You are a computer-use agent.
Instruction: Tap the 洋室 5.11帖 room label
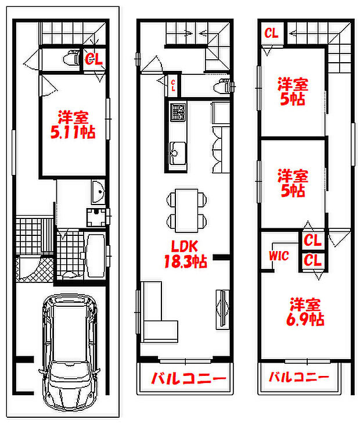73,124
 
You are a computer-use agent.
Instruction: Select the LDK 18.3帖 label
185,254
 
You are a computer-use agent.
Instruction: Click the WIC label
279,256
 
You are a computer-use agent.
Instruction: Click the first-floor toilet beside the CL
72,59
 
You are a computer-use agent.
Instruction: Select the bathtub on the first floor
94,254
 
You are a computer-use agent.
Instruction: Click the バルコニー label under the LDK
189,379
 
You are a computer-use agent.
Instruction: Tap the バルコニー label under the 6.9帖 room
298,378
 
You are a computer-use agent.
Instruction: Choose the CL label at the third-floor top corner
271,33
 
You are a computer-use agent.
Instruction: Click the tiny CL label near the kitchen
172,85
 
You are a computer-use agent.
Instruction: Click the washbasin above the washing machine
97,192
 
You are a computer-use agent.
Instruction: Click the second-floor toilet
222,87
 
